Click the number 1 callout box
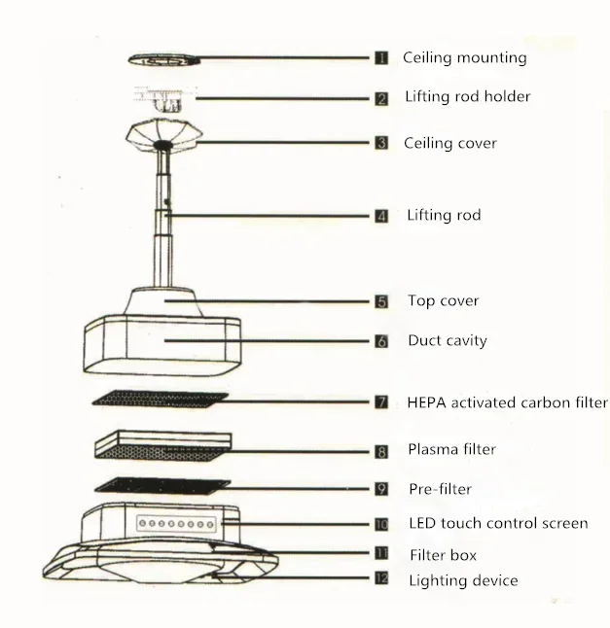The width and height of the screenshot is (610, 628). tap(382, 58)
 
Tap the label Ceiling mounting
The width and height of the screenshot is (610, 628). tap(464, 57)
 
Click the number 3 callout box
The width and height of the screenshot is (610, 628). tap(382, 143)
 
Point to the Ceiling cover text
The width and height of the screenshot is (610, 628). tap(451, 143)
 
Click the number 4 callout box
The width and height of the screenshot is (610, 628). tap(382, 216)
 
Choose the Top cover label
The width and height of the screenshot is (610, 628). tap(443, 301)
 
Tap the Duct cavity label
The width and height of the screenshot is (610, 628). tap(447, 341)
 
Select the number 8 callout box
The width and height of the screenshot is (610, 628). tap(382, 451)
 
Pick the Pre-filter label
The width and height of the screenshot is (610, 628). tap(440, 489)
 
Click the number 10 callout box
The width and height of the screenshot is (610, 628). tap(382, 524)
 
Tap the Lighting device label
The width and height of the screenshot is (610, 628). tap(462, 581)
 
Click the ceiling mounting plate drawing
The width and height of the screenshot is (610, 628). tap(164, 59)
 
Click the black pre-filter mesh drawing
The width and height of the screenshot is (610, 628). tap(162, 485)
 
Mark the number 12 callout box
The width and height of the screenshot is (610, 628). tap(382, 579)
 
